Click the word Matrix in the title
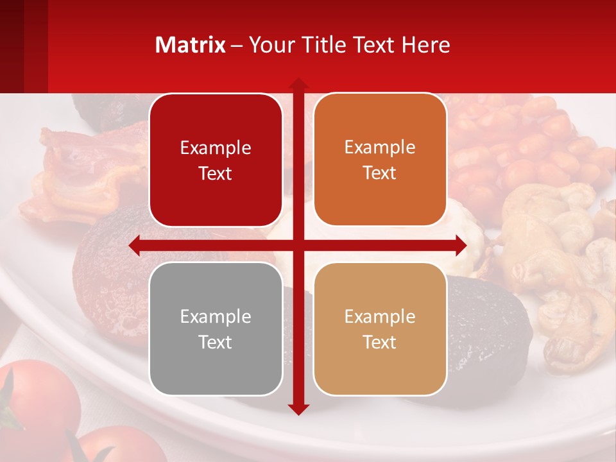191,45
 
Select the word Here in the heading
425,45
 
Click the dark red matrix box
216,160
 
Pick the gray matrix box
216,329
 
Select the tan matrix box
380,329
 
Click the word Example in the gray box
216,316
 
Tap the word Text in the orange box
380,173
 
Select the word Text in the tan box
380,342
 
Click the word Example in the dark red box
216,148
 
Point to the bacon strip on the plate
71,173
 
